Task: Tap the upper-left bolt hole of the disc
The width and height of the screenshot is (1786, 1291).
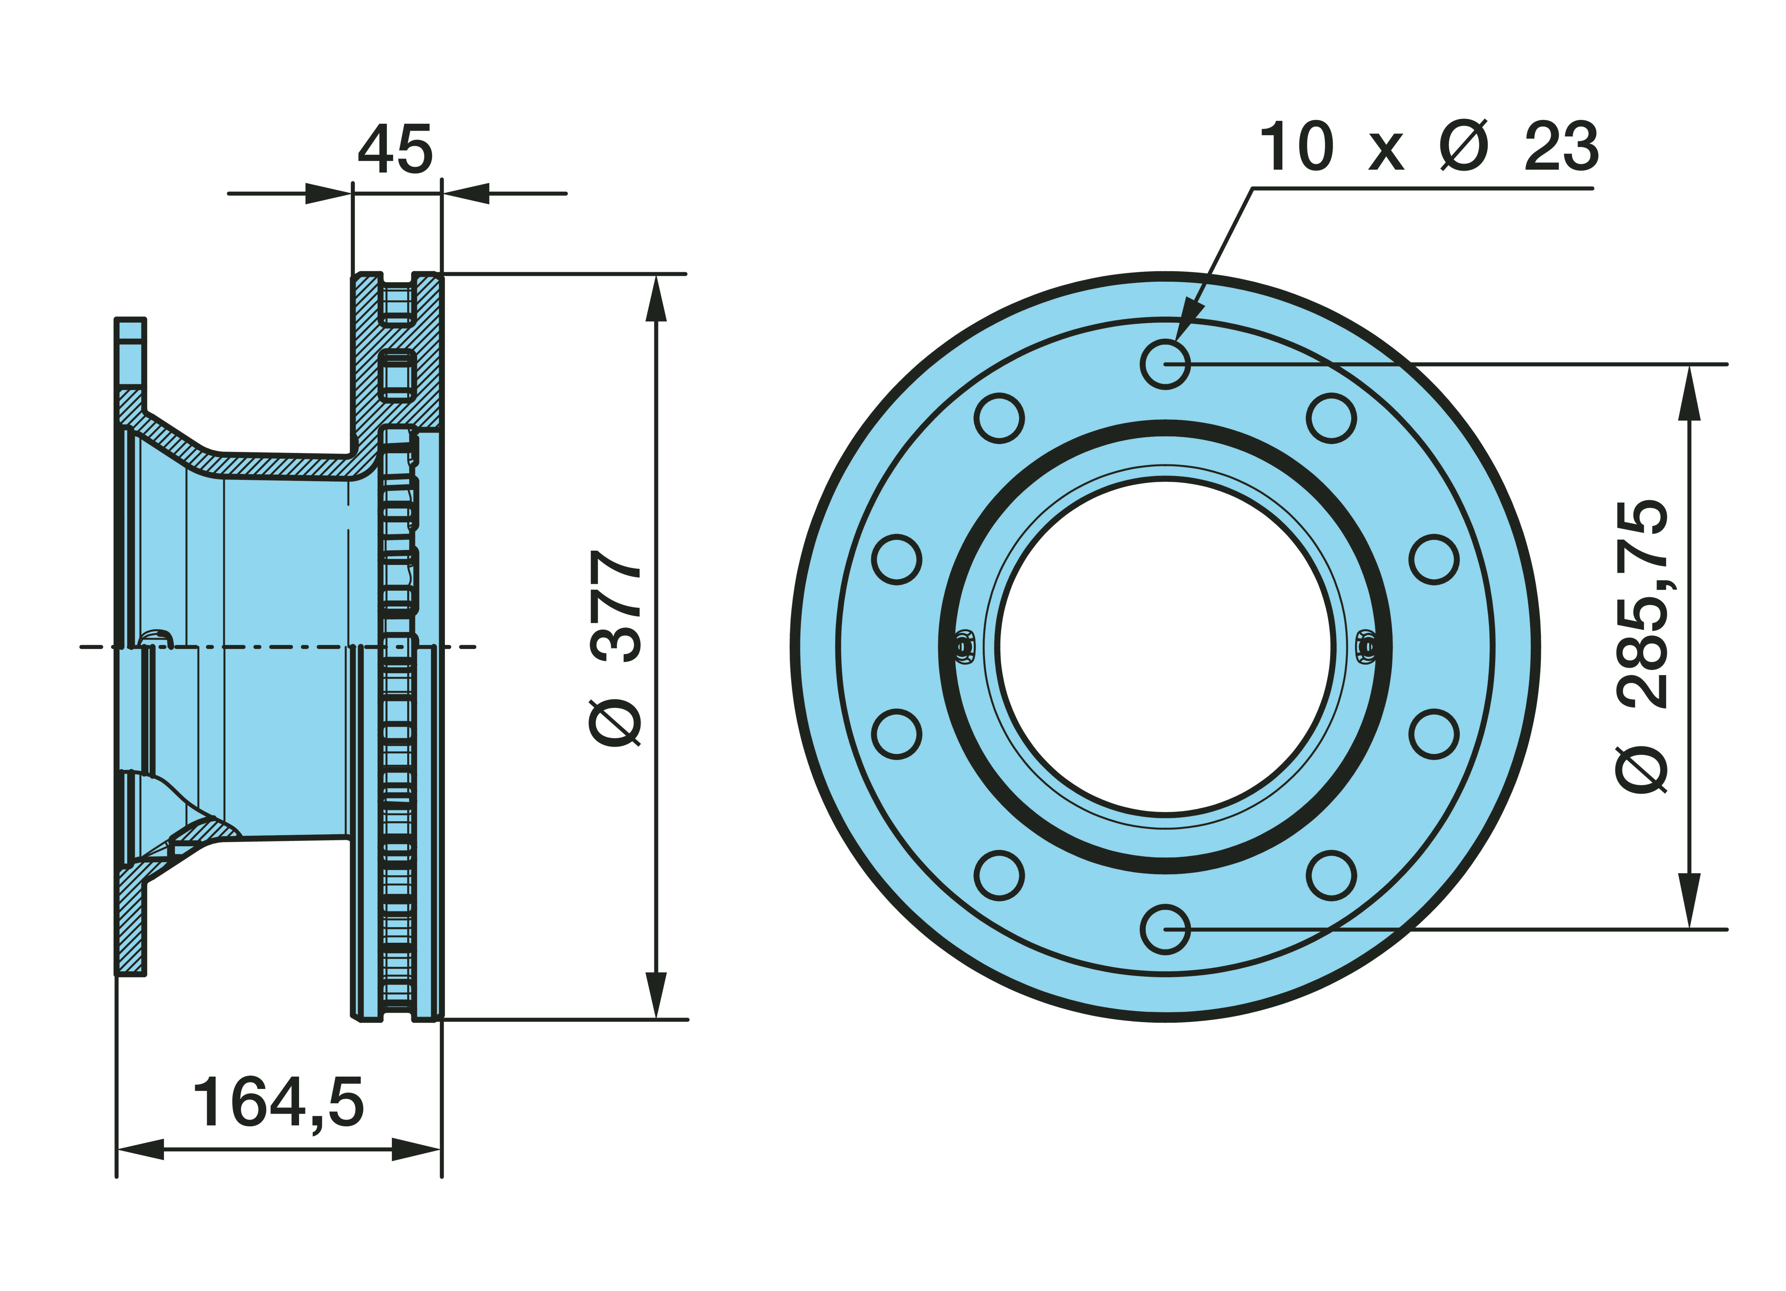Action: pos(999,417)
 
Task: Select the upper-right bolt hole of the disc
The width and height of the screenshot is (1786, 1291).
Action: pos(1332,417)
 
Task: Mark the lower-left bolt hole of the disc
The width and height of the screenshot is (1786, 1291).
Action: pos(999,875)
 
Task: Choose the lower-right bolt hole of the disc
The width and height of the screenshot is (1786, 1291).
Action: pos(1332,875)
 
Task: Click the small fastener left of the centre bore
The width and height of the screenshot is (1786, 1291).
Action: pos(962,647)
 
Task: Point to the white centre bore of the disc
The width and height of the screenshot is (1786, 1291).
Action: pos(1165,647)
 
